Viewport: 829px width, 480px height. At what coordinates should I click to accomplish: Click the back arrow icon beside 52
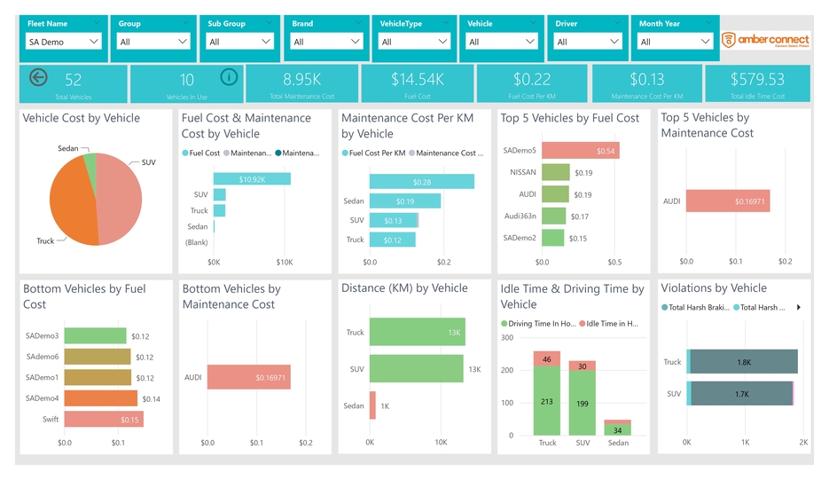click(x=38, y=77)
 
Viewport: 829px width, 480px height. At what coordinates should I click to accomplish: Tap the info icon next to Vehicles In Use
click(x=229, y=77)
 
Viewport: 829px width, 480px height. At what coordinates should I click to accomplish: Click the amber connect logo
click(x=765, y=40)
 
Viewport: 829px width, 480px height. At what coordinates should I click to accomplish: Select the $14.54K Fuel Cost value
click(x=418, y=80)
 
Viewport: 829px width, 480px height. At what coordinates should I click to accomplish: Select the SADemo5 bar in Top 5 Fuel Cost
click(x=580, y=151)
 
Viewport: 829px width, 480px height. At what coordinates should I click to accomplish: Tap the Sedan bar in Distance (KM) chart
click(x=372, y=405)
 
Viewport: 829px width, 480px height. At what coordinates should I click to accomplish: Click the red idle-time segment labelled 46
click(x=547, y=358)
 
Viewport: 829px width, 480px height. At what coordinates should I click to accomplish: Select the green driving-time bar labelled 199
click(x=582, y=404)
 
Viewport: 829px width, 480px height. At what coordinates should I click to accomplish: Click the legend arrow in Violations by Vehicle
click(x=798, y=308)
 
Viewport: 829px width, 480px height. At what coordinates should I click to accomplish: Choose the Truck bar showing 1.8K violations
click(x=743, y=362)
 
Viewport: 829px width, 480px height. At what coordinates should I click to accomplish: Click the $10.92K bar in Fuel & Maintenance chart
click(x=252, y=179)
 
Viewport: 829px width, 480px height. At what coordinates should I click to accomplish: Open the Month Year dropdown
click(x=675, y=42)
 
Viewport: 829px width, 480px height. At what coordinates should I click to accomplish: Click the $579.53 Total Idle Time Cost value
click(x=757, y=80)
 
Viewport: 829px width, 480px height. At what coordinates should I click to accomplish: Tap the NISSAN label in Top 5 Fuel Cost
click(x=523, y=173)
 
